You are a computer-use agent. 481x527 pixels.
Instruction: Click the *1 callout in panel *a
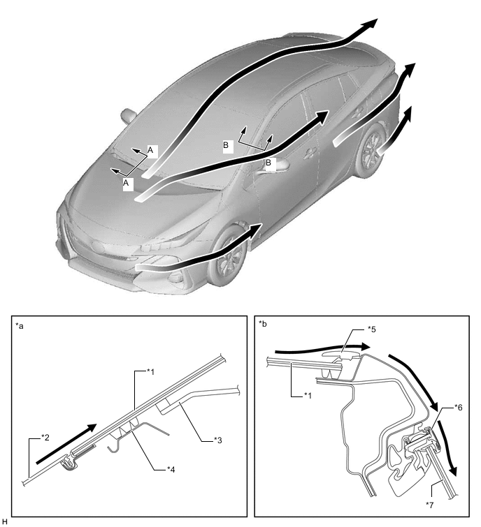coord(150,372)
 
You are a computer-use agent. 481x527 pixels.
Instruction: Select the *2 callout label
coord(45,438)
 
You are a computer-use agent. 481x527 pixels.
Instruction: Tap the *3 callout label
coord(218,440)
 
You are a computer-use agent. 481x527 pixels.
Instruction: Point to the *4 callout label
coord(171,470)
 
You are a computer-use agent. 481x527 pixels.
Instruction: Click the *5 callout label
coord(372,329)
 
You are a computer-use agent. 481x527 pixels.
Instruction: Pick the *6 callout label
coord(458,408)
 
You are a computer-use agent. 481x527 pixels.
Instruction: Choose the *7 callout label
coord(430,505)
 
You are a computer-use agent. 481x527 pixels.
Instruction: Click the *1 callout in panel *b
coord(308,396)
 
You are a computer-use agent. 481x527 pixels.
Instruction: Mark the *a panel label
coord(20,326)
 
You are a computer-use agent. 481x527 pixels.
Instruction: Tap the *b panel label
coord(263,324)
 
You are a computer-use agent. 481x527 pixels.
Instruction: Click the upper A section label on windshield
coord(150,150)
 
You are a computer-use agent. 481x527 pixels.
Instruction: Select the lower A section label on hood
coord(126,183)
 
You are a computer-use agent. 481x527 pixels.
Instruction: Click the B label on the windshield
coord(226,145)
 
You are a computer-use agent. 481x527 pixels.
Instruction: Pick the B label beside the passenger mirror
coord(268,163)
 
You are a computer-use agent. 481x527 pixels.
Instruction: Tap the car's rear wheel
coord(371,151)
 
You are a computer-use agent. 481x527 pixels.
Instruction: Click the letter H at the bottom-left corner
coord(4,521)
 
